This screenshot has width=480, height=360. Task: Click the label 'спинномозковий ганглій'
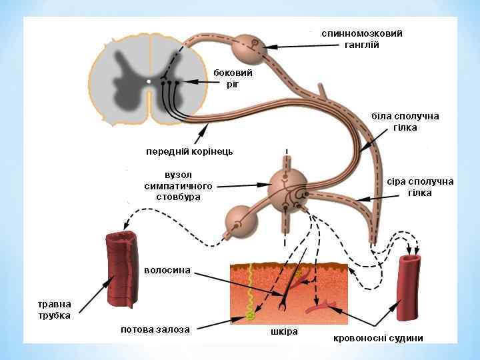point(361,39)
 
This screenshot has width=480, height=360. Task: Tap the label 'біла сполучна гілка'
point(405,121)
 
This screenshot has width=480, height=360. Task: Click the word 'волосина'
point(167,270)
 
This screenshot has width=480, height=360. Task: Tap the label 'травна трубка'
point(53,309)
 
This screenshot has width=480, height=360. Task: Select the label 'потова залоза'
point(155,329)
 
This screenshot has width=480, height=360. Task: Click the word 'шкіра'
point(284,331)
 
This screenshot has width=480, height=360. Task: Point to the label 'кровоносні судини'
point(378,337)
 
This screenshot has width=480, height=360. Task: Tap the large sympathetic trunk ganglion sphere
point(288,187)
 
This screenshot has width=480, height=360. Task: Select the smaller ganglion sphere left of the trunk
point(238,220)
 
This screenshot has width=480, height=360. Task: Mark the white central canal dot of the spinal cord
point(149,81)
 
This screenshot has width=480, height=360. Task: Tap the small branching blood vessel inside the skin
point(320,307)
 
